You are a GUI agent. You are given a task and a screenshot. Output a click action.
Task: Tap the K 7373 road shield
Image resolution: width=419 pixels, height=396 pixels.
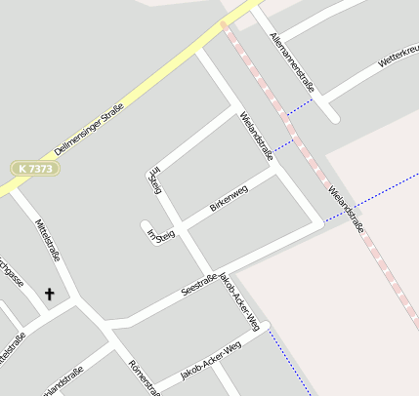click(35, 169)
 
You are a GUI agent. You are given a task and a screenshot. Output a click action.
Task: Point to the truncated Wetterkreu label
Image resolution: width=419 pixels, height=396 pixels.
click(398, 57)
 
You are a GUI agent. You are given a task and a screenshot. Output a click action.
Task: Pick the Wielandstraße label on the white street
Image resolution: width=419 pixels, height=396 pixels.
click(256, 137)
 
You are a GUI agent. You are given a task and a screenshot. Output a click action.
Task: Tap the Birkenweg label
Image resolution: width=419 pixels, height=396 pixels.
click(230, 199)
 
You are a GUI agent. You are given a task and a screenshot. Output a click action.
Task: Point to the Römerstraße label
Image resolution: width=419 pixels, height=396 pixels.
click(144, 376)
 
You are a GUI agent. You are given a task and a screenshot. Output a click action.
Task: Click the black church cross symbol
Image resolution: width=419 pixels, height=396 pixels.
click(49, 293)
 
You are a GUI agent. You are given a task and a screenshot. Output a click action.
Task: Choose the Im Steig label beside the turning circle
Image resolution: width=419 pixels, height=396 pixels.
click(160, 235)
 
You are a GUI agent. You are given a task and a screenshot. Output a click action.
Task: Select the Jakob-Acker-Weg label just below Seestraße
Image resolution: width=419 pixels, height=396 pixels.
click(239, 298)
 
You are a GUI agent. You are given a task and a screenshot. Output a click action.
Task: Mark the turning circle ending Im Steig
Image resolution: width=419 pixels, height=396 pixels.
click(148, 228)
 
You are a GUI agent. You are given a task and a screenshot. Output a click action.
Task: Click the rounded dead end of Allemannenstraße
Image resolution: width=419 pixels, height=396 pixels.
click(332, 116)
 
